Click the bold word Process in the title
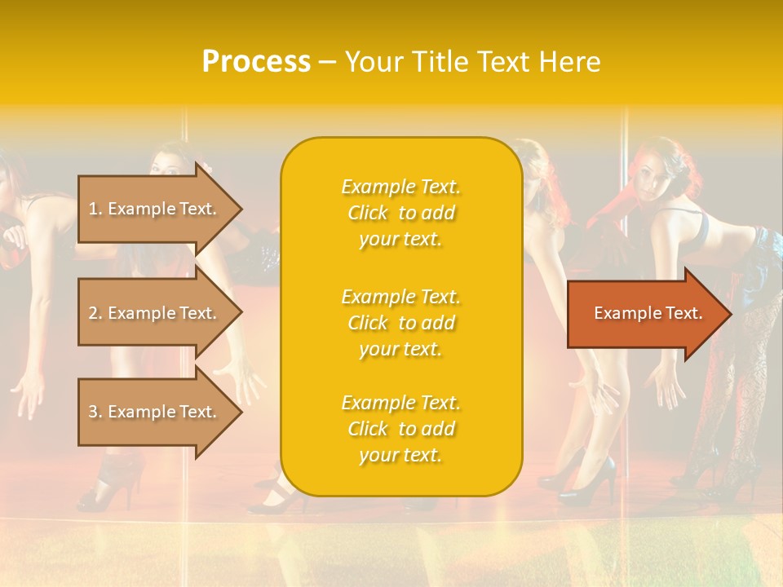point(256,62)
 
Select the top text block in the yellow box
point(400,213)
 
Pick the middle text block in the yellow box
point(400,323)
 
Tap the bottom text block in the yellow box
point(400,429)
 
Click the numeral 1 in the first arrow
point(93,209)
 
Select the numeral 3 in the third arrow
point(93,412)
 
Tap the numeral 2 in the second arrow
point(93,313)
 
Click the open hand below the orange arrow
point(665,383)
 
